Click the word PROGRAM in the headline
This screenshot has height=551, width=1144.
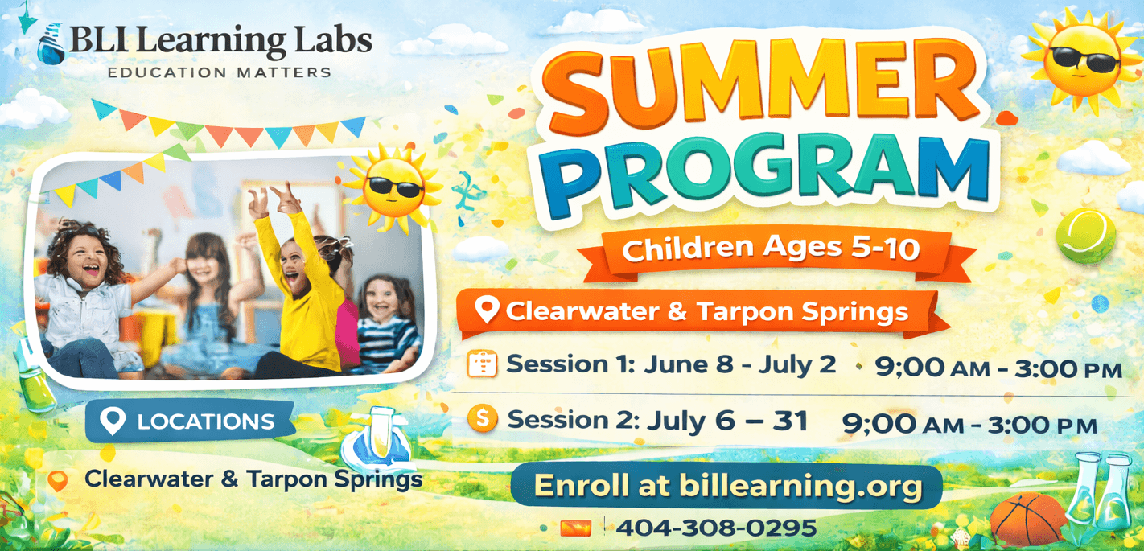pyautogui.click(x=766, y=173)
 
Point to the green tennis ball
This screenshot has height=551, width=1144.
pyautogui.click(x=1086, y=236)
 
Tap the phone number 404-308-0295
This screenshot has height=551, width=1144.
pyautogui.click(x=715, y=528)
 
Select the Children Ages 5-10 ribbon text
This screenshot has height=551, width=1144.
pyautogui.click(x=771, y=249)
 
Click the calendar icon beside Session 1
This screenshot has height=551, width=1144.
pyautogui.click(x=482, y=364)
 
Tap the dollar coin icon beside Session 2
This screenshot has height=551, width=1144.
pyautogui.click(x=482, y=418)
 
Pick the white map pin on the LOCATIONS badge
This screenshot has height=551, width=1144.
pyautogui.click(x=113, y=421)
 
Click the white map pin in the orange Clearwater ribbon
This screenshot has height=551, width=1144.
pyautogui.click(x=487, y=310)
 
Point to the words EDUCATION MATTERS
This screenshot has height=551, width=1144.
pyautogui.click(x=220, y=72)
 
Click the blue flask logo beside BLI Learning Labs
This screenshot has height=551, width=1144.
pyautogui.click(x=51, y=44)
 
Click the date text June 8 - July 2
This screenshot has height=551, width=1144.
pyautogui.click(x=740, y=364)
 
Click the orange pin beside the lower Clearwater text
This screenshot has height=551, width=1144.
pyautogui.click(x=58, y=481)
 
